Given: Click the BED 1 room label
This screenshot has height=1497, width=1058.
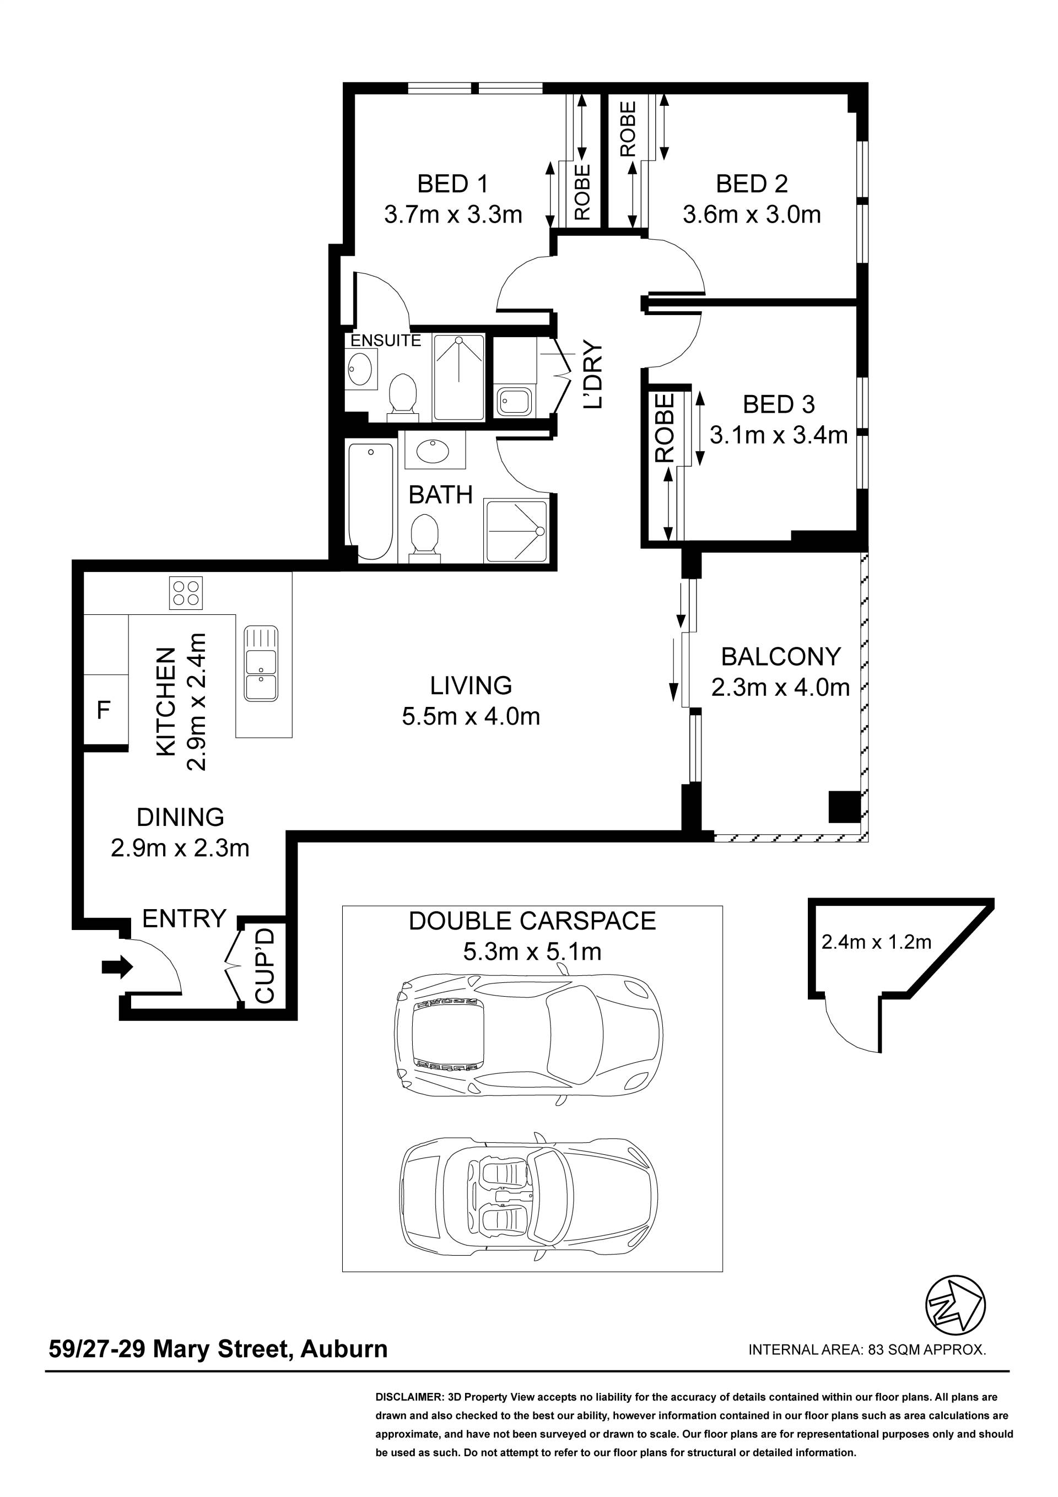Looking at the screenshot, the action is coord(453,184).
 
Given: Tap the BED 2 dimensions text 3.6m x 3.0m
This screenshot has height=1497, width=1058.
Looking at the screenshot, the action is coord(752,214).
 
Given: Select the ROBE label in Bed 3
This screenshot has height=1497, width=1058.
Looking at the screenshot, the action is coord(664,428).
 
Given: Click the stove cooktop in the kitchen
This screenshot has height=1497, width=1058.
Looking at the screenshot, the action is coord(185,593).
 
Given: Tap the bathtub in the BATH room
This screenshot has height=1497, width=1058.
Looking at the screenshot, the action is coord(370,501).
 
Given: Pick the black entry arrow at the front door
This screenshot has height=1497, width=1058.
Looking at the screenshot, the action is coord(117,968).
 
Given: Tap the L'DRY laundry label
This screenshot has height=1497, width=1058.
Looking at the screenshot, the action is coord(593,375).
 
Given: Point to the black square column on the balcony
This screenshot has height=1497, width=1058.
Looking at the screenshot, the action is coord(845,807).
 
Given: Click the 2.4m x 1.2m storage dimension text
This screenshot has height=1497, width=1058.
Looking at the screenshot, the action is coord(876,942).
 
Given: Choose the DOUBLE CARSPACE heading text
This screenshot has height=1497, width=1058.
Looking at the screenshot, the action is coord(532,921).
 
